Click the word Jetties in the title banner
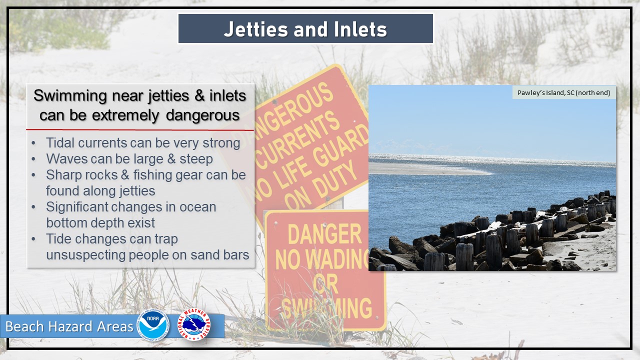255,29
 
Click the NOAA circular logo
153,325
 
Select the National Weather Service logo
194,324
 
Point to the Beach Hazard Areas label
69,326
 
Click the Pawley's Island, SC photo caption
563,92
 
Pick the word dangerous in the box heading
202,115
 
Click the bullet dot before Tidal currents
33,143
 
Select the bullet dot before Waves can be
33,159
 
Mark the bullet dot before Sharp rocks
33,175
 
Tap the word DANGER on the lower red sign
324,234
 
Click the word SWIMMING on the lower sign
326,308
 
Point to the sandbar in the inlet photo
428,169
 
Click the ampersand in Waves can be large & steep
171,159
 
